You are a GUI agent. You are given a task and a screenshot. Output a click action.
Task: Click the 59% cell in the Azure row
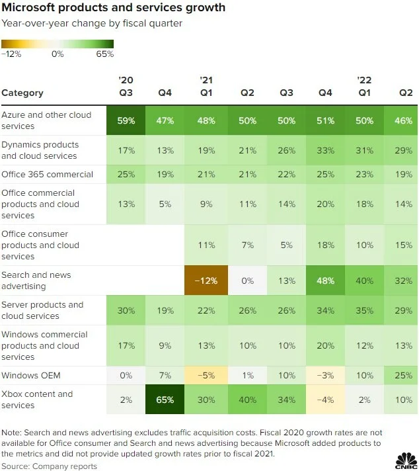126,120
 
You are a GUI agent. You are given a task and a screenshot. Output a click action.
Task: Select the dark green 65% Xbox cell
165,400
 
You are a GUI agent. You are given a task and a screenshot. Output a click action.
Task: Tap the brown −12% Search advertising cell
206,280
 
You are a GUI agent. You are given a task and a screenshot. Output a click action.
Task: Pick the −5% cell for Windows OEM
206,375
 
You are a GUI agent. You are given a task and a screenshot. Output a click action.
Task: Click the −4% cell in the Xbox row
325,400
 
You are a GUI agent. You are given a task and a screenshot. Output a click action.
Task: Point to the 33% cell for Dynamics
325,150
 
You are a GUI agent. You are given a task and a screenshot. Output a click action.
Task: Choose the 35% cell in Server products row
364,310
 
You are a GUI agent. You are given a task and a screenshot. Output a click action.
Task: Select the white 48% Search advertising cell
325,280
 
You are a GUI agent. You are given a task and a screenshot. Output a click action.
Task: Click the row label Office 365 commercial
47,174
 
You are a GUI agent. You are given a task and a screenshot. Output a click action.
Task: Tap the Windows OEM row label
31,375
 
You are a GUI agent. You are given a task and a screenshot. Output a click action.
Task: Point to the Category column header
22,93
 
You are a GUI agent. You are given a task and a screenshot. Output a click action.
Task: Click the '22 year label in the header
364,80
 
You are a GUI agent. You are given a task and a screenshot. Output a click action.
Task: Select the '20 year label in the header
126,80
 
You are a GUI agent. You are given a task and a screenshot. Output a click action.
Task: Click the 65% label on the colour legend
104,54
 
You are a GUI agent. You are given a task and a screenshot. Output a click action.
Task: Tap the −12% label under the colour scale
11,54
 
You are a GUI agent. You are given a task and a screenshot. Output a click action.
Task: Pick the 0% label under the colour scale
57,54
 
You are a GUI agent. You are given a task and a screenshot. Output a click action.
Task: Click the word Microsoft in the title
28,7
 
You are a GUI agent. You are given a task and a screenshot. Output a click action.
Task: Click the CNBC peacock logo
406,460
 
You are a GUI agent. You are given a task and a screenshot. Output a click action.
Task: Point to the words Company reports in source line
65,466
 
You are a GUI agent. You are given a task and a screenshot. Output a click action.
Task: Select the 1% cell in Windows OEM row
247,375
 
